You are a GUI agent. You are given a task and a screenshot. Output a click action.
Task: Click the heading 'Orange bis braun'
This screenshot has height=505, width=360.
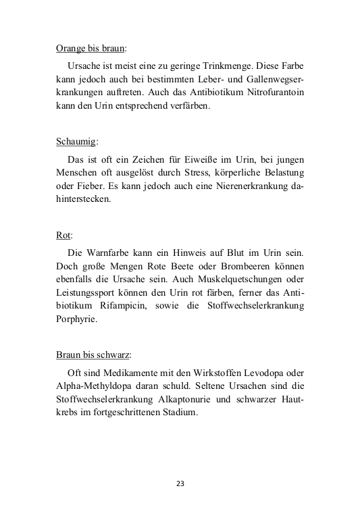(x=90, y=49)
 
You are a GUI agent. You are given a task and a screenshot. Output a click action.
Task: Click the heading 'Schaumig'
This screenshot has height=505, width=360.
(x=76, y=142)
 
